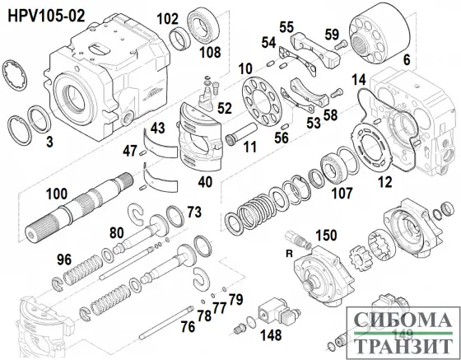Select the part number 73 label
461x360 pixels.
pos(193,213)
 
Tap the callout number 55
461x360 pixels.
pos(286,26)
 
